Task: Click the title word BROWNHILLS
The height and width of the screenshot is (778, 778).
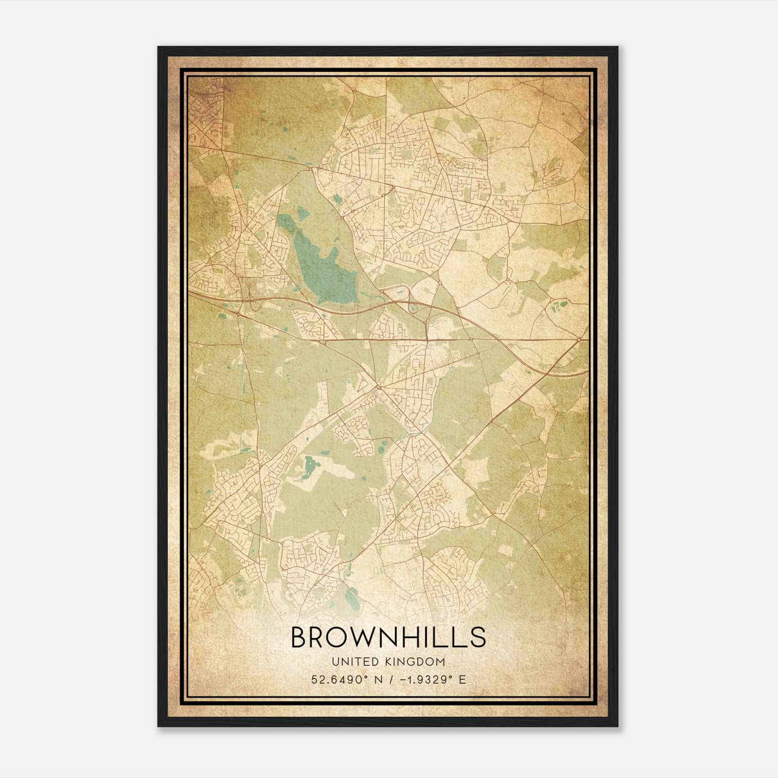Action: coord(388,637)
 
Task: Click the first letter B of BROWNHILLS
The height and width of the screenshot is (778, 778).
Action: coord(298,637)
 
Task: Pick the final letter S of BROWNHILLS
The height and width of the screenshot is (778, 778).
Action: coord(478,637)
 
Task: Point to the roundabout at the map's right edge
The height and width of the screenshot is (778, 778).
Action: coord(580,339)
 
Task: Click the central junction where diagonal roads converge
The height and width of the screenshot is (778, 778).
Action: coord(378,387)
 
